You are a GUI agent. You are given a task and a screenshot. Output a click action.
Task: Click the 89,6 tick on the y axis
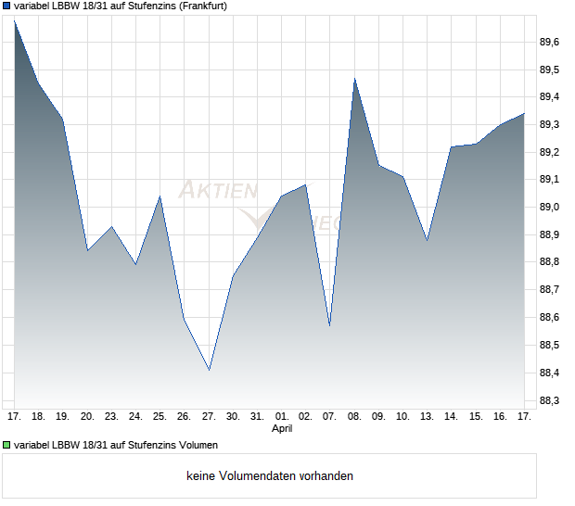tap(549, 42)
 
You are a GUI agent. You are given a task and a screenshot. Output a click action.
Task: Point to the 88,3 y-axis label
tap(549, 400)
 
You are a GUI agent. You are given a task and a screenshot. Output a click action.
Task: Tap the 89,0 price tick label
tap(549, 207)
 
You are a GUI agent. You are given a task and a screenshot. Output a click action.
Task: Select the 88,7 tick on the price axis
tap(549, 290)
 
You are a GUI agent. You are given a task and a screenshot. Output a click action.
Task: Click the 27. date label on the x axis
tap(209, 417)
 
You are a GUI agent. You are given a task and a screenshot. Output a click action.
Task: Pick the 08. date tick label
tap(354, 417)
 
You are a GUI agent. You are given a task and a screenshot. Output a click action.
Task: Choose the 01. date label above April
tap(282, 417)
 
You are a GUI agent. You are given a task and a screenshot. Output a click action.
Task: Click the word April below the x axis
tap(282, 429)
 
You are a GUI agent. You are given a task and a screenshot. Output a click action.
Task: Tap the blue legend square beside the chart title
tap(7, 6)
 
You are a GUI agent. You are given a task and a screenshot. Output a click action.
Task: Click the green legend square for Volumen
tap(7, 446)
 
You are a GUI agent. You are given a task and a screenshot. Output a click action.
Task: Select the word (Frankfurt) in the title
tap(199, 6)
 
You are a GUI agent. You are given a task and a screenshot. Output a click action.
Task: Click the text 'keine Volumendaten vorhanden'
tap(270, 476)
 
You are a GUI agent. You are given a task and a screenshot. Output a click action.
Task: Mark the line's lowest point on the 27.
tap(209, 370)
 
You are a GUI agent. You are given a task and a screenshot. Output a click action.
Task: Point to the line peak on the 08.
tap(354, 79)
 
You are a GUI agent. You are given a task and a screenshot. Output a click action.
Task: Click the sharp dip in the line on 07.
tap(330, 325)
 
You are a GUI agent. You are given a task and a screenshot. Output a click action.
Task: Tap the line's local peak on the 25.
tap(160, 196)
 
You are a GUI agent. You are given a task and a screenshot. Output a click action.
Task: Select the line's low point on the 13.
tap(427, 240)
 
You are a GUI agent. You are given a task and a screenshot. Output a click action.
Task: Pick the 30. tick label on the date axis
tap(233, 417)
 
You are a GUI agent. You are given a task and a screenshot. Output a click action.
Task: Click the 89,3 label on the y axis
tap(549, 124)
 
